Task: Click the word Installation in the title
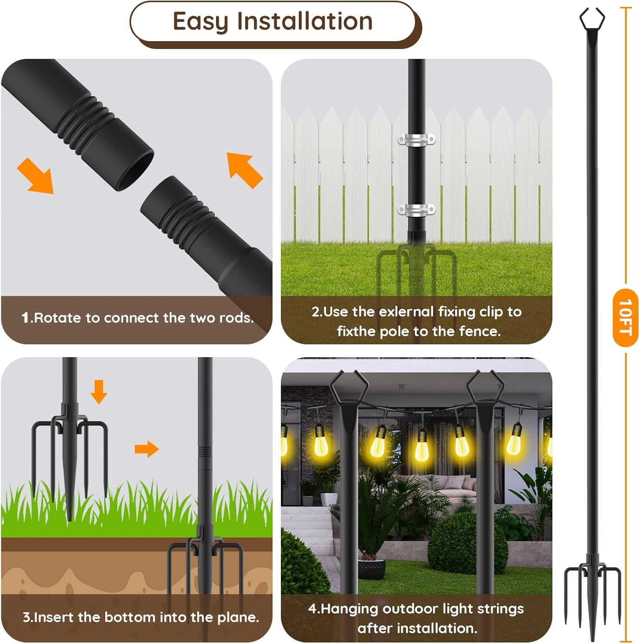click(305, 21)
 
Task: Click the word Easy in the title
click(200, 21)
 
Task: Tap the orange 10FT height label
click(625, 318)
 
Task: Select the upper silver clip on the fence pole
click(416, 140)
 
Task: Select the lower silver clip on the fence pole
click(416, 210)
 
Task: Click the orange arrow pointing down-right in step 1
click(35, 175)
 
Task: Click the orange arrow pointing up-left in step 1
click(244, 170)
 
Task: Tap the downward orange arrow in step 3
click(99, 391)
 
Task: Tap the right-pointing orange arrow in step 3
click(146, 449)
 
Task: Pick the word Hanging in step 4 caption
click(350, 608)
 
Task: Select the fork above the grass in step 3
click(70, 442)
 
